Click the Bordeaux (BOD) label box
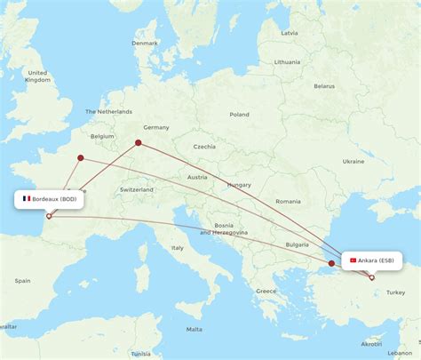click(x=50, y=199)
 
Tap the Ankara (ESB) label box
click(x=371, y=260)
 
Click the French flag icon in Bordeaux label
click(x=27, y=199)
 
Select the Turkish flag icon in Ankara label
click(x=353, y=260)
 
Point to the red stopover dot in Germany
click(x=138, y=142)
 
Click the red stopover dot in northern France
click(x=80, y=158)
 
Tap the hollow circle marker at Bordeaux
click(x=48, y=216)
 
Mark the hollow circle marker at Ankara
click(x=372, y=277)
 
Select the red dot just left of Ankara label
click(x=331, y=263)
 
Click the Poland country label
click(x=239, y=115)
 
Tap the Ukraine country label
click(x=353, y=162)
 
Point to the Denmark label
click(x=144, y=43)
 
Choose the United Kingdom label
click(x=37, y=76)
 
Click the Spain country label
click(x=21, y=281)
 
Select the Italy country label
click(x=178, y=247)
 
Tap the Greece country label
click(x=266, y=291)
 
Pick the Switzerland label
click(x=137, y=190)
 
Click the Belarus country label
click(x=324, y=86)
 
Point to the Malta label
click(x=194, y=329)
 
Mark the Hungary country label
click(x=238, y=184)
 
